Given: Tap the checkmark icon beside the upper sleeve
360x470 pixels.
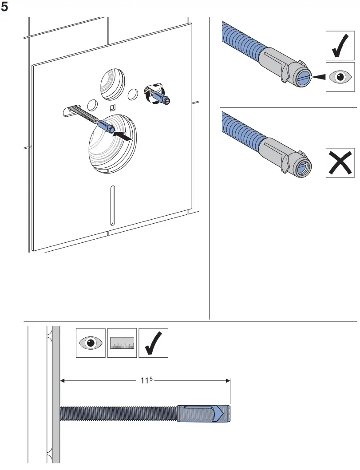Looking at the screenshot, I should [x=340, y=45].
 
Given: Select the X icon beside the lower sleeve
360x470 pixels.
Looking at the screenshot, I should [x=340, y=162].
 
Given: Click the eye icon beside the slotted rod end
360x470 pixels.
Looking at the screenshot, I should [x=340, y=77].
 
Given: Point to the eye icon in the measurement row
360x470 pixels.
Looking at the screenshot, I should [x=91, y=343].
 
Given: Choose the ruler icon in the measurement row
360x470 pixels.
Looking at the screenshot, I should [x=122, y=343].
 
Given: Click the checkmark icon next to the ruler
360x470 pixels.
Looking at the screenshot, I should [x=153, y=343].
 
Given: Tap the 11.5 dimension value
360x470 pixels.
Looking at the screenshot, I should [x=146, y=380].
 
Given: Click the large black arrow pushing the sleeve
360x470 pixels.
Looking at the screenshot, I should [x=123, y=136].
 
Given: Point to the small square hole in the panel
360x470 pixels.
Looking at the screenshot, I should [x=112, y=107].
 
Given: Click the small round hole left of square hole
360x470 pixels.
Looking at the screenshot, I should [x=92, y=105].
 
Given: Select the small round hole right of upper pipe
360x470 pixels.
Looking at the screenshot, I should [x=132, y=94].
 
